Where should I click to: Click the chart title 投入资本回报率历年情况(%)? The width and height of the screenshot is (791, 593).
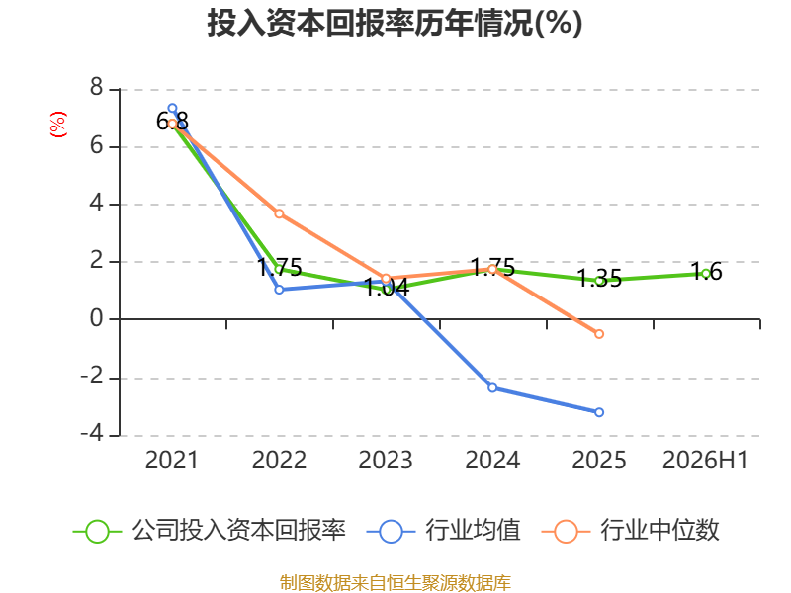395,23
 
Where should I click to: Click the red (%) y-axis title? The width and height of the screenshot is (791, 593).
58,125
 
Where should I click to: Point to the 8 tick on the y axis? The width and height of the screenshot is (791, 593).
96,88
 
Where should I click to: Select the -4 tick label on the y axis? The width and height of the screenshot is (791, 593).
92,434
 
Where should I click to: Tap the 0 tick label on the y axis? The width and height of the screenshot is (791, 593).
96,318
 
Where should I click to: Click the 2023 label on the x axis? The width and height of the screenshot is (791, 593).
386,460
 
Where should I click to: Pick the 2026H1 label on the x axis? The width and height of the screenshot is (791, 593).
705,460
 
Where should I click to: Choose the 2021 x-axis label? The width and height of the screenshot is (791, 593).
171,460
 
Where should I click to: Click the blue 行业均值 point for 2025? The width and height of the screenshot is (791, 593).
599,412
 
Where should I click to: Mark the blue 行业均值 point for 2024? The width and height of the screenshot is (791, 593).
492,387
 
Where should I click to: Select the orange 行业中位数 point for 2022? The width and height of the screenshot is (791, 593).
279,213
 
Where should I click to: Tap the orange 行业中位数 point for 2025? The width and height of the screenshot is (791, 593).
599,334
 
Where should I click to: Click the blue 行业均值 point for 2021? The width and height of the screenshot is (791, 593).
172,108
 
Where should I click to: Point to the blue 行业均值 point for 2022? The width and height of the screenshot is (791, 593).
279,290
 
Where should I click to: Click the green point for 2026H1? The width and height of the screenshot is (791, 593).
706,274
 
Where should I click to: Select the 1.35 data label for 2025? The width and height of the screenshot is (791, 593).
599,279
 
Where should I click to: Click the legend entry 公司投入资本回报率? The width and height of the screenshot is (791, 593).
210,531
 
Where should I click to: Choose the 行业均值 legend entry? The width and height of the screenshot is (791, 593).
443,531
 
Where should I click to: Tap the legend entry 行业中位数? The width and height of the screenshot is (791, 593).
631,531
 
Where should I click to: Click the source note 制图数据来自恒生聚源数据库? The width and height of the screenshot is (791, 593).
395,583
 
